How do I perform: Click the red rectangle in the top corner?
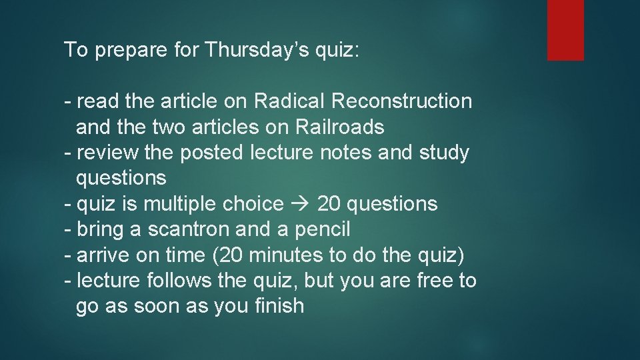(x=565, y=30)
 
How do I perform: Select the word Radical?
(x=289, y=101)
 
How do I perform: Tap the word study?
(x=444, y=153)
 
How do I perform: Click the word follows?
(x=180, y=281)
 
